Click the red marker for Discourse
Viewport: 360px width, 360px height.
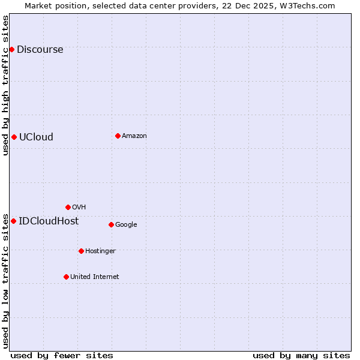click(x=11, y=49)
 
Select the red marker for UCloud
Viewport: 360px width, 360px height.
click(x=14, y=137)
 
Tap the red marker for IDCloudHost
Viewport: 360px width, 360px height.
click(x=13, y=221)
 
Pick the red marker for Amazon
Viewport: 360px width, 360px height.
click(x=118, y=136)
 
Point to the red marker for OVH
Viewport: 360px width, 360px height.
click(x=68, y=207)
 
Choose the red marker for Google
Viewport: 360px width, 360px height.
click(x=111, y=224)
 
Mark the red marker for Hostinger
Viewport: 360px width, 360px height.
click(x=81, y=251)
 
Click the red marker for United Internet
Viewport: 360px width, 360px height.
click(x=66, y=277)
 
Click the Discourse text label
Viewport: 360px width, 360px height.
click(x=40, y=50)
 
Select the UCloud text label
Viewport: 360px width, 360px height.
click(x=36, y=137)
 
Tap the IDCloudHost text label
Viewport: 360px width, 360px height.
click(x=49, y=221)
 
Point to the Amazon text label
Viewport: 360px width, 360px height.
click(x=134, y=136)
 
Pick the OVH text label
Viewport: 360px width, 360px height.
click(x=79, y=208)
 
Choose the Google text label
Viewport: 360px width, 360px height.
click(x=126, y=225)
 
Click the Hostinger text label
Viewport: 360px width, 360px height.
click(x=100, y=251)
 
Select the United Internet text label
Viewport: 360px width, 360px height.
click(x=94, y=277)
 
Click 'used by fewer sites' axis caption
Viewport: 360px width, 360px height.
click(x=62, y=355)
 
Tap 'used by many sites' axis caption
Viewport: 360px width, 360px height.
click(x=301, y=355)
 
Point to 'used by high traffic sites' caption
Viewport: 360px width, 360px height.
click(x=6, y=85)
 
